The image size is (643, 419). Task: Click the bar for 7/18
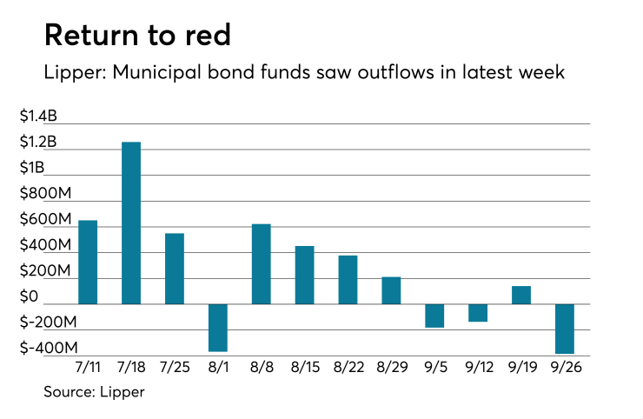(131, 223)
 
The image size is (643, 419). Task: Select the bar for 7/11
(88, 262)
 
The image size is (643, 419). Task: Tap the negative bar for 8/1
(218, 328)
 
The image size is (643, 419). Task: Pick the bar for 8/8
(261, 264)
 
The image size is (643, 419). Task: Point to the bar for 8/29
(391, 290)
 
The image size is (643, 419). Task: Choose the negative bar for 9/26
(565, 329)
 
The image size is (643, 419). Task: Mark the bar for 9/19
(521, 295)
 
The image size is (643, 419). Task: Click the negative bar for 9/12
(478, 313)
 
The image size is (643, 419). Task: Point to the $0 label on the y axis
(55, 297)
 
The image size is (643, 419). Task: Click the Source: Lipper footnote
(94, 392)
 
